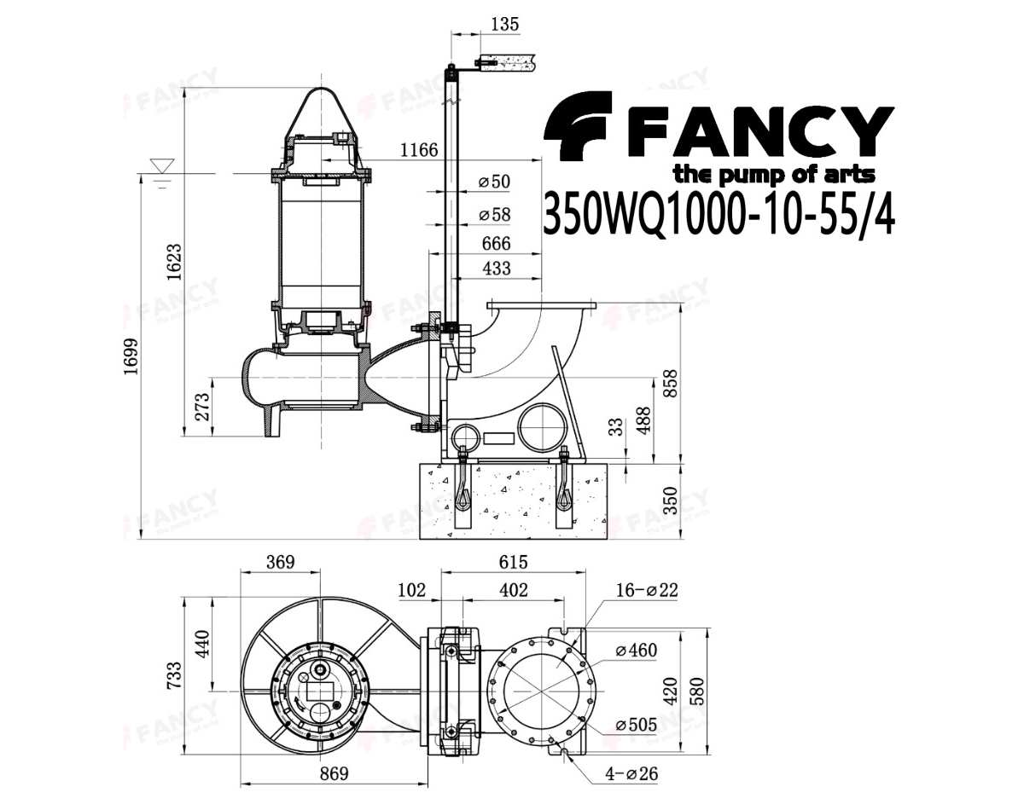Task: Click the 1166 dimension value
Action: tap(419, 150)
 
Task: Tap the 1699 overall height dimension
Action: tap(131, 356)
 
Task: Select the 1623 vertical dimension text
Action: tap(174, 262)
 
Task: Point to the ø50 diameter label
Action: tap(494, 182)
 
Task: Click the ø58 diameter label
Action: tap(494, 215)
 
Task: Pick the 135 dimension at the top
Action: tap(505, 24)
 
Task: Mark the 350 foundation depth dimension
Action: tap(670, 500)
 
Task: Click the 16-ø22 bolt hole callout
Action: tap(647, 590)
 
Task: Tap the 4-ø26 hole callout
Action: tap(631, 774)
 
